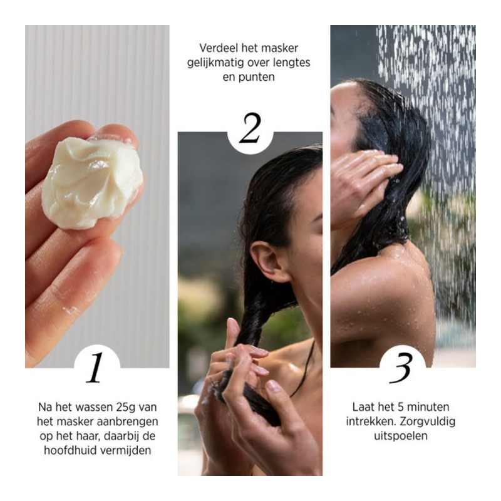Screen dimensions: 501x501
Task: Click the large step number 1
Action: click(95, 367)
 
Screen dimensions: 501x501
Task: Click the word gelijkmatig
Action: click(216, 63)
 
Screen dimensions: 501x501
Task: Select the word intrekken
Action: click(369, 421)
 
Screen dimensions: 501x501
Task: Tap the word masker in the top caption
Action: click(279, 48)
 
